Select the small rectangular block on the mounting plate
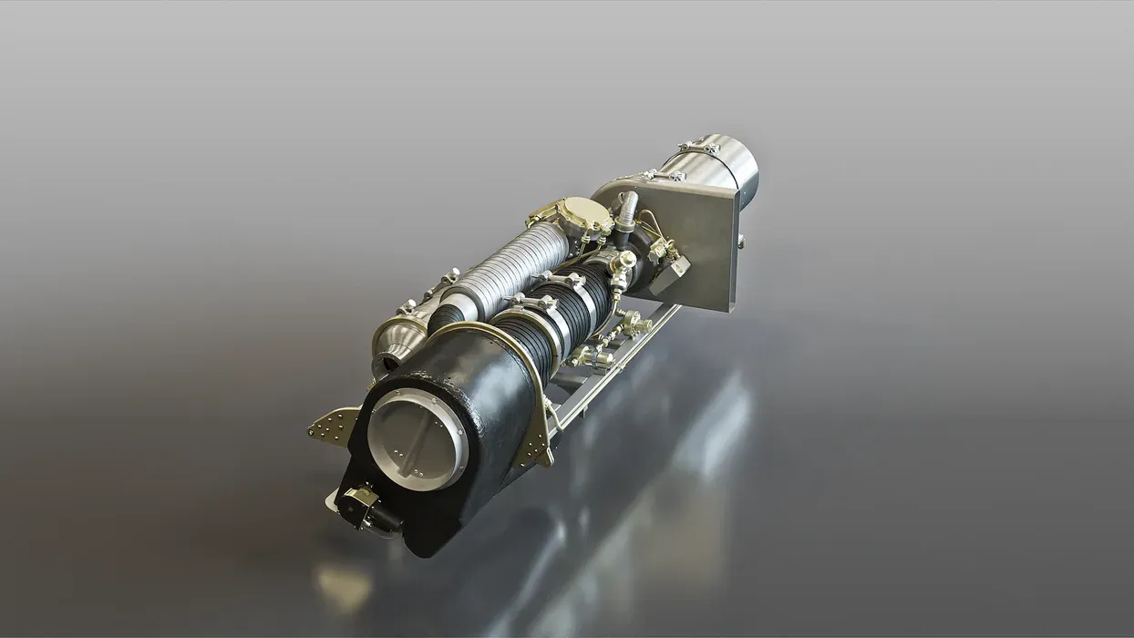[x=675, y=267]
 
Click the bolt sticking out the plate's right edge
[x=741, y=242]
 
